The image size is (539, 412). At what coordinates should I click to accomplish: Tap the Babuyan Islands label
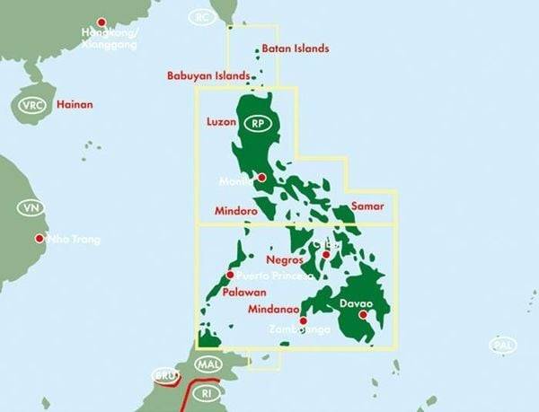coord(208,76)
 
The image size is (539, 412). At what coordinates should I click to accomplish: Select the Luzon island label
coord(221,120)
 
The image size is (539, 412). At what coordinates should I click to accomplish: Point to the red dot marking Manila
coord(261,178)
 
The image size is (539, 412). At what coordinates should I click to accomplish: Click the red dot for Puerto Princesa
coord(231,275)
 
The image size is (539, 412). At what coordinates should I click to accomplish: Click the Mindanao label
coord(273,310)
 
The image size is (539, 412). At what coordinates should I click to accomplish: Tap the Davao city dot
coord(363,315)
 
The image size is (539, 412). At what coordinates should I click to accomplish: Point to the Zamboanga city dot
coord(303,320)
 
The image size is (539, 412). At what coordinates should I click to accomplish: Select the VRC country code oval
coord(32,105)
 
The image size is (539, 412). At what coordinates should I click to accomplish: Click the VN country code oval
coord(30,208)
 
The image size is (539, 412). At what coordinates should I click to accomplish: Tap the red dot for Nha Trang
coord(40,239)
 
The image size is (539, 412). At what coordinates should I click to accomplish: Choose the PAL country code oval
coord(503,345)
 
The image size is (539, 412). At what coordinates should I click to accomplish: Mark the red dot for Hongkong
coord(101,22)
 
